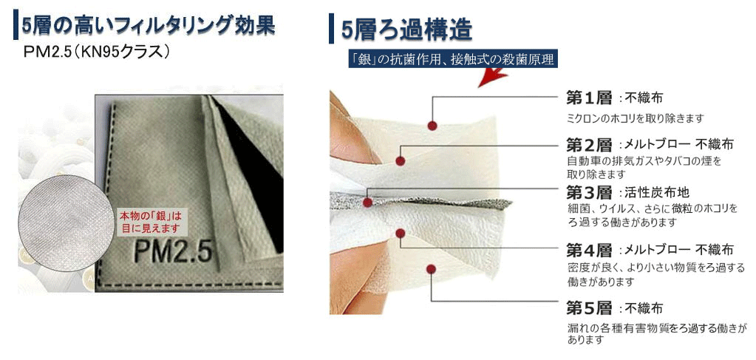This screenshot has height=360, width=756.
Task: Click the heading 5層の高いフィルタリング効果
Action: point(148,27)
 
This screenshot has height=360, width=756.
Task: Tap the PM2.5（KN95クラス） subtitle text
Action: point(96,52)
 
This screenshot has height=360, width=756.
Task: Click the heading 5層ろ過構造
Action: point(406,30)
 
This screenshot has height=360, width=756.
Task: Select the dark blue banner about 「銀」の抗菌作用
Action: point(453,59)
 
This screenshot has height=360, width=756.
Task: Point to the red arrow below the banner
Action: point(491,77)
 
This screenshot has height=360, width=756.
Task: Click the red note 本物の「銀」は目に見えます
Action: point(151,221)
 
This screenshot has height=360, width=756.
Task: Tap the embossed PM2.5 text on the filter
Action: point(173,251)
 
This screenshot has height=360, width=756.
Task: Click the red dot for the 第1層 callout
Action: point(432,126)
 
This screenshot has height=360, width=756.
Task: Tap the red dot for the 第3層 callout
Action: point(367,203)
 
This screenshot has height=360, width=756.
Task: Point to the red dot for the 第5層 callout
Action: point(432,269)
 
